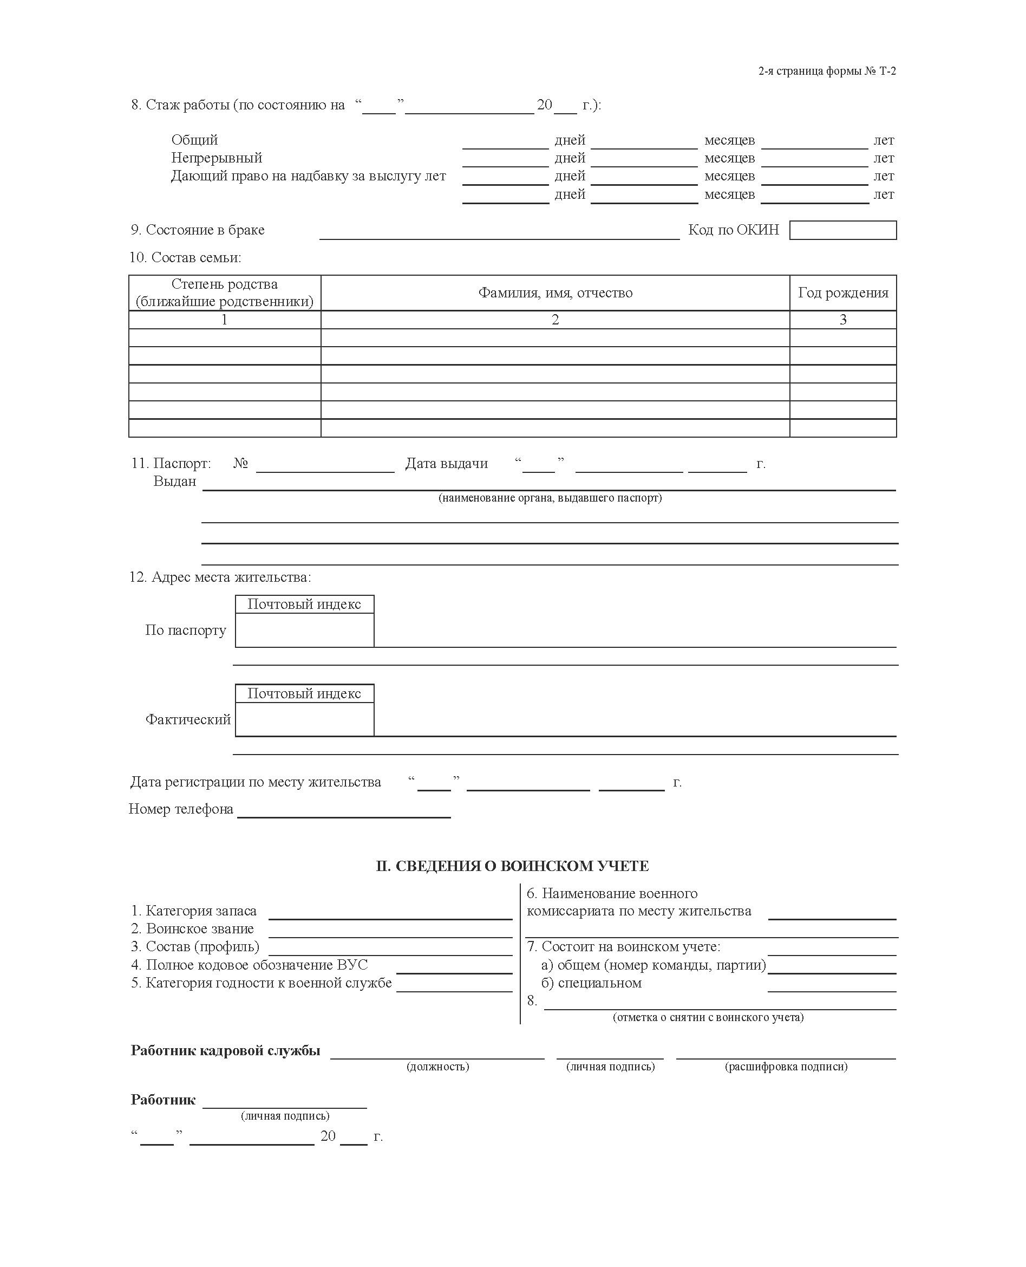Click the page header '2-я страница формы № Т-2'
(827, 72)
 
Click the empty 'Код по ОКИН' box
(842, 230)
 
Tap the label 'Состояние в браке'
(198, 230)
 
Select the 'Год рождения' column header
(843, 293)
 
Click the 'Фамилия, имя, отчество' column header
(555, 293)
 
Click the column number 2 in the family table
(555, 320)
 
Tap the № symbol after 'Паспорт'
(240, 464)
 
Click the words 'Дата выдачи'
(446, 464)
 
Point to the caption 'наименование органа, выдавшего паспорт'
(550, 498)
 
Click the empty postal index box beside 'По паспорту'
(304, 630)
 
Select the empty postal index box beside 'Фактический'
(304, 719)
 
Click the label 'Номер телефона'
(181, 809)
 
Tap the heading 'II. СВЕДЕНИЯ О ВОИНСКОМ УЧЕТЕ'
(512, 866)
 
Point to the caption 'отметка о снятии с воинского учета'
(708, 1017)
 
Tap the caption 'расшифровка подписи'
(786, 1067)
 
